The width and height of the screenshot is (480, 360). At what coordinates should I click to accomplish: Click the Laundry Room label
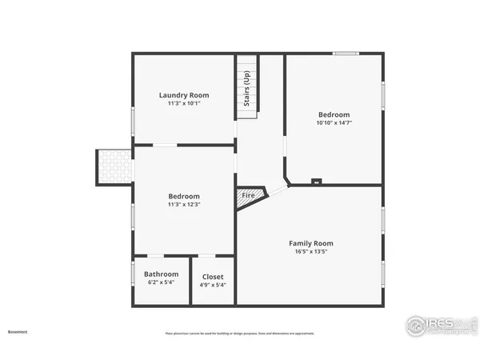pyautogui.click(x=184, y=95)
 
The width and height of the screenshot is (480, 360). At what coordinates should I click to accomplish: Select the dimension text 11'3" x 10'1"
pyautogui.click(x=184, y=103)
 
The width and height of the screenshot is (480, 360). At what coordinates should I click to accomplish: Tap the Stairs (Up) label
pyautogui.click(x=247, y=89)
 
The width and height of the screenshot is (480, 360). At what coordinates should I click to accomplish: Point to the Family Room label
pyautogui.click(x=310, y=243)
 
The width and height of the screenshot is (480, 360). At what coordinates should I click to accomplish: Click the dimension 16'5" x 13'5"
pyautogui.click(x=310, y=251)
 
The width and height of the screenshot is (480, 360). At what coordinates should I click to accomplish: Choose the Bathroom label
pyautogui.click(x=161, y=274)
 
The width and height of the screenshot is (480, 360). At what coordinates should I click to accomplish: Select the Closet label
pyautogui.click(x=213, y=277)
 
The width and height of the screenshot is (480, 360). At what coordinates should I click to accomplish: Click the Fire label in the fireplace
pyautogui.click(x=248, y=195)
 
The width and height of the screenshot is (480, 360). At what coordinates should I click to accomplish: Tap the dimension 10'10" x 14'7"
pyautogui.click(x=334, y=122)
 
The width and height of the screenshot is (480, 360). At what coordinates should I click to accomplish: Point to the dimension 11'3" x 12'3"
pyautogui.click(x=184, y=204)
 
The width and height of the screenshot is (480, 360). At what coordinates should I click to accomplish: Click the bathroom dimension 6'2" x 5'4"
pyautogui.click(x=161, y=282)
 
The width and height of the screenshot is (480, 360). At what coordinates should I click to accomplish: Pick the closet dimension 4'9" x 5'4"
pyautogui.click(x=213, y=285)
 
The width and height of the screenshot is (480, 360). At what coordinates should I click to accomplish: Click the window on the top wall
pyautogui.click(x=346, y=54)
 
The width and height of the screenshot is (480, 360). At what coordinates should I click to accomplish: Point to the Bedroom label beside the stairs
pyautogui.click(x=334, y=114)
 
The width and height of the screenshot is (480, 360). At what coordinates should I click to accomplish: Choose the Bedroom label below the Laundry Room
pyautogui.click(x=184, y=196)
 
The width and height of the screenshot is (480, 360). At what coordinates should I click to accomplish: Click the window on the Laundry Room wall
pyautogui.click(x=133, y=120)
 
